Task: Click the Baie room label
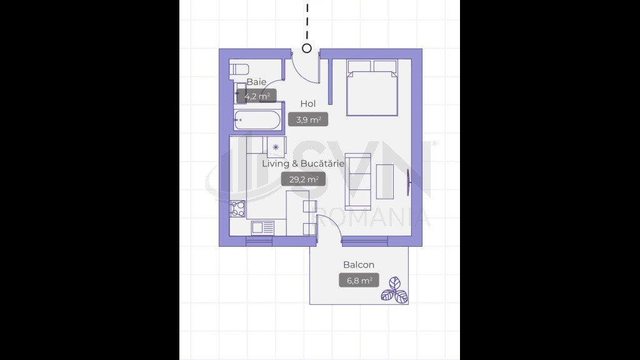[256, 82]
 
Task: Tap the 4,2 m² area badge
[257, 96]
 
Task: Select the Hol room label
[307, 104]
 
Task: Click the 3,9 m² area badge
[308, 119]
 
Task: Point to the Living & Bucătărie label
[303, 164]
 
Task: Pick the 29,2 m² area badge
[303, 179]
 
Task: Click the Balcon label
[359, 265]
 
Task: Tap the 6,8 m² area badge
[359, 281]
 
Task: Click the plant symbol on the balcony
[394, 290]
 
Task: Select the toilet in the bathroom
[239, 69]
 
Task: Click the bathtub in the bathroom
[257, 120]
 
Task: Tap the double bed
[372, 87]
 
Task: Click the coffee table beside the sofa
[384, 182]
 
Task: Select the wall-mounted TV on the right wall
[407, 182]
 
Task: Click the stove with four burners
[237, 209]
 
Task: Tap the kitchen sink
[262, 227]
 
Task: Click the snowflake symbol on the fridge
[276, 147]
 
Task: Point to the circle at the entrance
[307, 48]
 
